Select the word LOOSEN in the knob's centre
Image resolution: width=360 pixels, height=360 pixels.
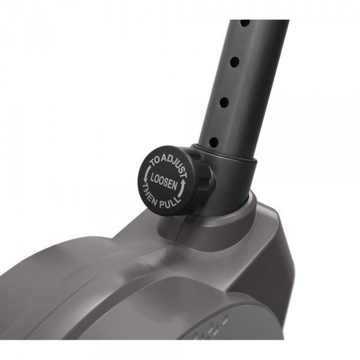163,181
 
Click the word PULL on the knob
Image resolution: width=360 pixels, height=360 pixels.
170,203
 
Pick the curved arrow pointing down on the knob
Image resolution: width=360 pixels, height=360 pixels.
147,174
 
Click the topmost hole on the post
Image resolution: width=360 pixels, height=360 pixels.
245,23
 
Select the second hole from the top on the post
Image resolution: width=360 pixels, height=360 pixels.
235,62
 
